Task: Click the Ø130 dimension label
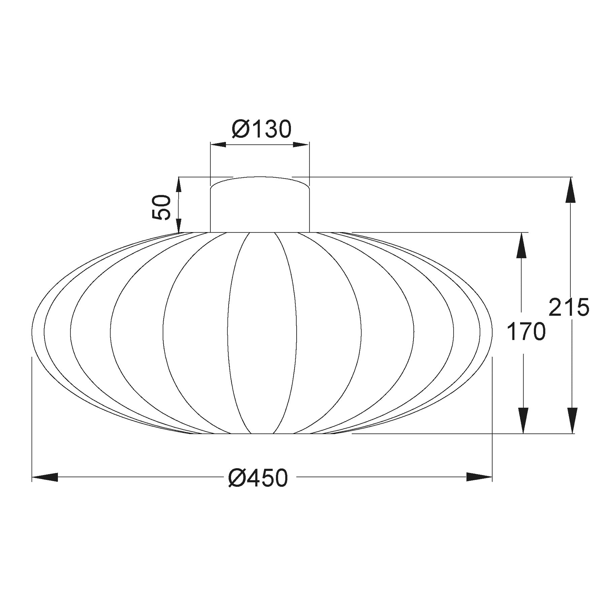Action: pyautogui.click(x=261, y=129)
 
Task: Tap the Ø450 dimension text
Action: pyautogui.click(x=258, y=478)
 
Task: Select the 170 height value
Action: pyautogui.click(x=526, y=332)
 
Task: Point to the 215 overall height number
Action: pyautogui.click(x=569, y=307)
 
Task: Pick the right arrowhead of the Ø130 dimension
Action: pyautogui.click(x=301, y=145)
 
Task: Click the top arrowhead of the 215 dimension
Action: pyautogui.click(x=572, y=190)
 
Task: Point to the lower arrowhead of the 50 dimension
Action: pyautogui.click(x=179, y=225)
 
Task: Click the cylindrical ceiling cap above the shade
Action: pyautogui.click(x=260, y=209)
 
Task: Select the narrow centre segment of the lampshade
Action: pyautogui.click(x=262, y=332)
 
